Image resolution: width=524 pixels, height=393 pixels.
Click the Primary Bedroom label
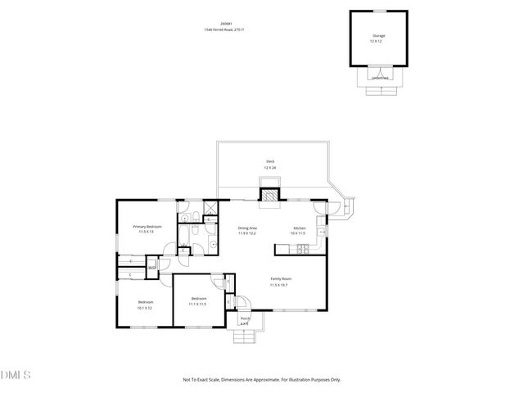pos(148,226)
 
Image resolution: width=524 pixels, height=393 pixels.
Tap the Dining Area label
pos(247,228)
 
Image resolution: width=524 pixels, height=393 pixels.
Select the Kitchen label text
pos(300,228)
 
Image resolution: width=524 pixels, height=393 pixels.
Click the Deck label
pos(270,161)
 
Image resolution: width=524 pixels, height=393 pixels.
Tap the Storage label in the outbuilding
pos(378,36)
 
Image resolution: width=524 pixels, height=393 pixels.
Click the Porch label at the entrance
pos(244,318)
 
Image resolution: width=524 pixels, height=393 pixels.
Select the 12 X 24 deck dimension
pos(270,168)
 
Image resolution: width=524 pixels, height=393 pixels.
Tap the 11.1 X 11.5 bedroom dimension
pos(197,304)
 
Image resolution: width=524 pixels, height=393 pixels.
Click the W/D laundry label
pos(152,265)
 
